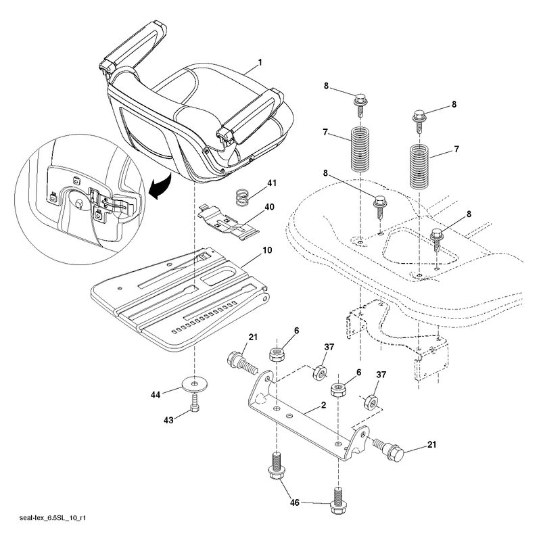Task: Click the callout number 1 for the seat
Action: (x=260, y=62)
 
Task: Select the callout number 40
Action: (x=269, y=207)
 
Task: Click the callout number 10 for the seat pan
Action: (x=267, y=250)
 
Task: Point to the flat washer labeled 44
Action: (x=195, y=383)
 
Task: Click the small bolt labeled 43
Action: (x=195, y=403)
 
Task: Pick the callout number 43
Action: (x=168, y=420)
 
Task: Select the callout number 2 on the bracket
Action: (x=323, y=404)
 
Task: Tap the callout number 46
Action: (x=294, y=502)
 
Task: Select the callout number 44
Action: (x=156, y=394)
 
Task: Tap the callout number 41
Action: (x=272, y=183)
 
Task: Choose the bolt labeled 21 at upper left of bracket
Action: (x=242, y=362)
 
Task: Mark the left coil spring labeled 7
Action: (x=360, y=149)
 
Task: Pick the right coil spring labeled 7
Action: (x=419, y=167)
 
